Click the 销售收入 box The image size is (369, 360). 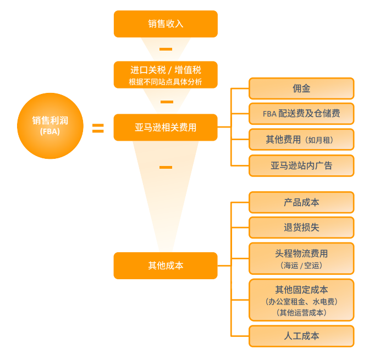pyautogui.click(x=166, y=24)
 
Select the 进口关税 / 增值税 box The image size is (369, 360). pyautogui.click(x=166, y=74)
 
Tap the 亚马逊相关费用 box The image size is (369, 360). pyautogui.click(x=166, y=128)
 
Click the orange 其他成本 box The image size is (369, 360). pyautogui.click(x=166, y=265)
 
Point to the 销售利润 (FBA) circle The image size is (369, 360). pyautogui.click(x=50, y=126)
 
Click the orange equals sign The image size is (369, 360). pyautogui.click(x=98, y=129)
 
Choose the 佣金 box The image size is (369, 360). pyautogui.click(x=301, y=88)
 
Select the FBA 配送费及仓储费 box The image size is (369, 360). pyautogui.click(x=301, y=114)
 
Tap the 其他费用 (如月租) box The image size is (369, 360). pyautogui.click(x=301, y=140)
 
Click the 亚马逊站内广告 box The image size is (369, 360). pyautogui.click(x=301, y=165)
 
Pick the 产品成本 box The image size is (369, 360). pyautogui.click(x=301, y=202)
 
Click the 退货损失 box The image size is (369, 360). pyautogui.click(x=301, y=227)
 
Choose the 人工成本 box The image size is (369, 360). pyautogui.click(x=301, y=336)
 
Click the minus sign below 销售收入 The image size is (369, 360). pyautogui.click(x=166, y=49)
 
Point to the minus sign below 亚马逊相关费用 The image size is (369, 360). pyautogui.click(x=165, y=167)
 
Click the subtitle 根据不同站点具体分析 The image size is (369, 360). pyautogui.click(x=166, y=82)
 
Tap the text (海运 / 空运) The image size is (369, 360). pyautogui.click(x=301, y=265)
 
